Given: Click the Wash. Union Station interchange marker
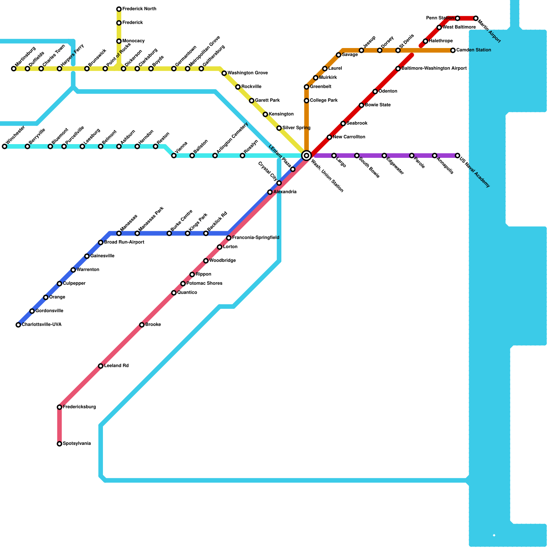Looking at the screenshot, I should click(306, 155).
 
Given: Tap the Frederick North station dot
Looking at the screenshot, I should click(119, 9).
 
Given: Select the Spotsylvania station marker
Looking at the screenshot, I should click(59, 444).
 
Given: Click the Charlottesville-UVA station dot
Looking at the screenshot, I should click(18, 325).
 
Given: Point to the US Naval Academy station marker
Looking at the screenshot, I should click(457, 155).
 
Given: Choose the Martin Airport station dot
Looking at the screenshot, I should click(476, 18).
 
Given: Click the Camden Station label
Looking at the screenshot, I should click(474, 50).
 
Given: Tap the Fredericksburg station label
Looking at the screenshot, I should click(79, 407).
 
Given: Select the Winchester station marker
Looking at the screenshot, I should click(4, 147).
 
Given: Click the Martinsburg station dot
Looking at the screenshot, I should click(14, 69).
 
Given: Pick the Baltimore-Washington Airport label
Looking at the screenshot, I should click(434, 69).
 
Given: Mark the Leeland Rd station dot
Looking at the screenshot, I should click(101, 366).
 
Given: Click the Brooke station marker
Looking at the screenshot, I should click(142, 325).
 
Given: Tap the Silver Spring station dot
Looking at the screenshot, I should click(279, 128).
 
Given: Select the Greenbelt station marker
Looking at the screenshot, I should click(306, 87).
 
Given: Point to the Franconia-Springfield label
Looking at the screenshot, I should click(256, 237).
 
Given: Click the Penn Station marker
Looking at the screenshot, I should click(457, 18).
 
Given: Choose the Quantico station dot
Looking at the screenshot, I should click(174, 293).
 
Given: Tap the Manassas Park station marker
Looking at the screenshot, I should click(137, 233).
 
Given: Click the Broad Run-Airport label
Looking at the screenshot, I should click(124, 242).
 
